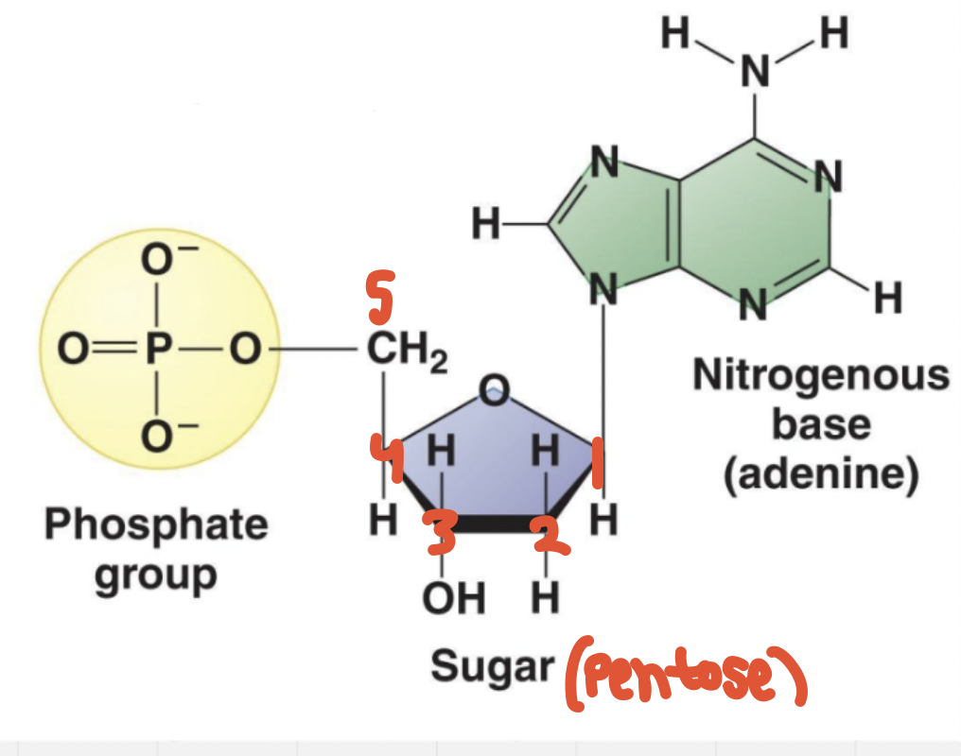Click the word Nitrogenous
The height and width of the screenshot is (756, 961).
coord(820,375)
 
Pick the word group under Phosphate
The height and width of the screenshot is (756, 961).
coord(156,573)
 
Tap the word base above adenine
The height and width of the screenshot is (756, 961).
coord(820,423)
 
